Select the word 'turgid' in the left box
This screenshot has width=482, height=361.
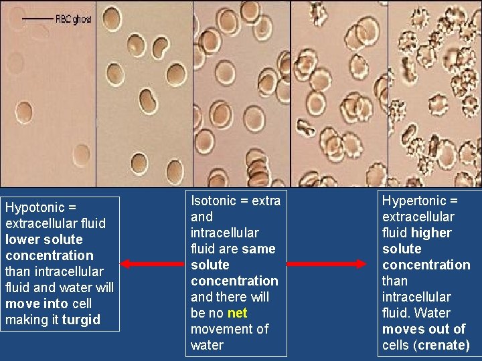click(81, 320)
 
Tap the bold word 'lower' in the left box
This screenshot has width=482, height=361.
click(23, 239)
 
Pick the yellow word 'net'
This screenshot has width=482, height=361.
click(237, 313)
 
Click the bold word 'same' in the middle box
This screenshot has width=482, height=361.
click(259, 249)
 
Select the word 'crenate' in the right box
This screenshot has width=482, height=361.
click(443, 345)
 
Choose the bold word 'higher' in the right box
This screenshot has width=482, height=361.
click(431, 233)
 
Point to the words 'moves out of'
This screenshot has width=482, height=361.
click(424, 329)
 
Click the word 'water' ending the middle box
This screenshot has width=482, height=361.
click(208, 345)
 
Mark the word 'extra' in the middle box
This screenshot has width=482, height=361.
click(266, 201)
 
